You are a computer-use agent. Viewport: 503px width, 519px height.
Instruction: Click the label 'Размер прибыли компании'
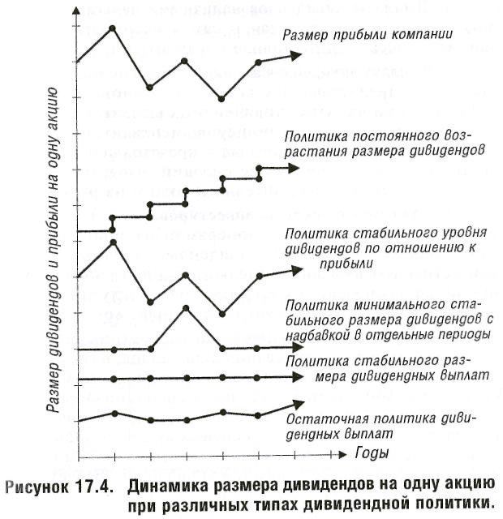click(x=368, y=35)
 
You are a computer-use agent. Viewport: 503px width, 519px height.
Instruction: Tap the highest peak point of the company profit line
click(x=112, y=28)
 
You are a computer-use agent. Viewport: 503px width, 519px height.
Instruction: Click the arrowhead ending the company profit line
click(x=295, y=56)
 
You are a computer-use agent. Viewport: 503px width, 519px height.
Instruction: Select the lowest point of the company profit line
click(x=221, y=99)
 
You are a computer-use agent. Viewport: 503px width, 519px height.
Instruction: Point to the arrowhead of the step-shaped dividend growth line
click(x=294, y=168)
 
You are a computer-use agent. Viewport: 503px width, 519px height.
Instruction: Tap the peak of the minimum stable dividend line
click(x=186, y=308)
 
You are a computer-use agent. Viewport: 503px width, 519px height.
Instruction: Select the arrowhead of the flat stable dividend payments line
click(x=297, y=377)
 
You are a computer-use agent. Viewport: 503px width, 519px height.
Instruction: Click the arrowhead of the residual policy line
click(x=298, y=404)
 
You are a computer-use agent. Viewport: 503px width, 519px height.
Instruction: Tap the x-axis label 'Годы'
click(x=372, y=453)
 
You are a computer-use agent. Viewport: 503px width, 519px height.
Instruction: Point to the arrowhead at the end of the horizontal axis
click(x=342, y=454)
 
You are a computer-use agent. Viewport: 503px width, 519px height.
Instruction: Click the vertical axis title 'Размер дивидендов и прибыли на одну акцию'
click(x=53, y=250)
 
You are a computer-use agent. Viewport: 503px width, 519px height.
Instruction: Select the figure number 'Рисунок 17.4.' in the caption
click(x=58, y=487)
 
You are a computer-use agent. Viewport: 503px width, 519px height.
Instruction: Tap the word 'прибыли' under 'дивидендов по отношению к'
click(x=346, y=264)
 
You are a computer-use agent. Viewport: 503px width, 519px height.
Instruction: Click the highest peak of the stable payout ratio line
click(x=113, y=242)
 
